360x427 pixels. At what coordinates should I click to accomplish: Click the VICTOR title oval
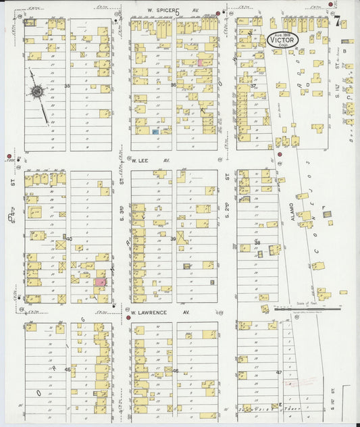(285, 39)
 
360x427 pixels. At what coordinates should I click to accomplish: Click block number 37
(253, 86)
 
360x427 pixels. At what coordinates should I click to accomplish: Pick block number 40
(68, 238)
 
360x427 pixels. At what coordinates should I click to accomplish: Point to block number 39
(173, 239)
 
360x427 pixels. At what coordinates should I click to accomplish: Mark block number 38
(257, 242)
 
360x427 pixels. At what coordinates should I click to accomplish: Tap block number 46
(175, 371)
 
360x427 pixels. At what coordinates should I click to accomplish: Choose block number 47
(278, 372)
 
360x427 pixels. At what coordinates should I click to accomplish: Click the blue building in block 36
(155, 132)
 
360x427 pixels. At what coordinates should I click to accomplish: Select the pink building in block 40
(100, 282)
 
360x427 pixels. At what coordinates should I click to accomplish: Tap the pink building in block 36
(200, 62)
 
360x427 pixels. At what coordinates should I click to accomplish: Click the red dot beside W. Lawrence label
(127, 316)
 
